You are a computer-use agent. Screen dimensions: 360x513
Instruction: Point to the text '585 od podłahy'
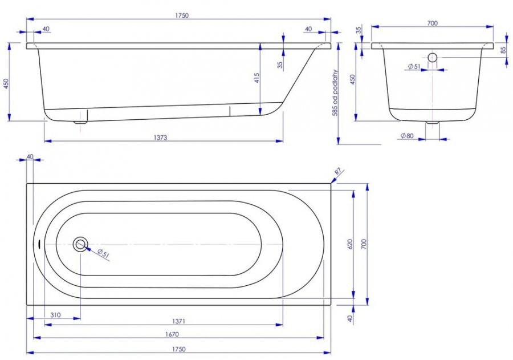click(336, 93)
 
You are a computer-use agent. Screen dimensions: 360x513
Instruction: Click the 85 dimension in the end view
click(504, 50)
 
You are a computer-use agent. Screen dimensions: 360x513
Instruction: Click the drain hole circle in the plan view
click(80, 244)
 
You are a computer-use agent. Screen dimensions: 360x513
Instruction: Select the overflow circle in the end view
click(432, 58)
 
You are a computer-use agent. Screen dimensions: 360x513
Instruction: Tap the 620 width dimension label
click(350, 244)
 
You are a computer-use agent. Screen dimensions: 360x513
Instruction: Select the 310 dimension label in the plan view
click(55, 315)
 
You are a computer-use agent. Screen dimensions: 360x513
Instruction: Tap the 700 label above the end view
click(431, 23)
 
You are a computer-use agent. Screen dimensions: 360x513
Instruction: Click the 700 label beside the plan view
click(364, 244)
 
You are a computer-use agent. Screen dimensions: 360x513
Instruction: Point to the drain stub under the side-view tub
click(81, 120)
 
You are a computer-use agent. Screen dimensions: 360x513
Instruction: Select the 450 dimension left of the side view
click(6, 83)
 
